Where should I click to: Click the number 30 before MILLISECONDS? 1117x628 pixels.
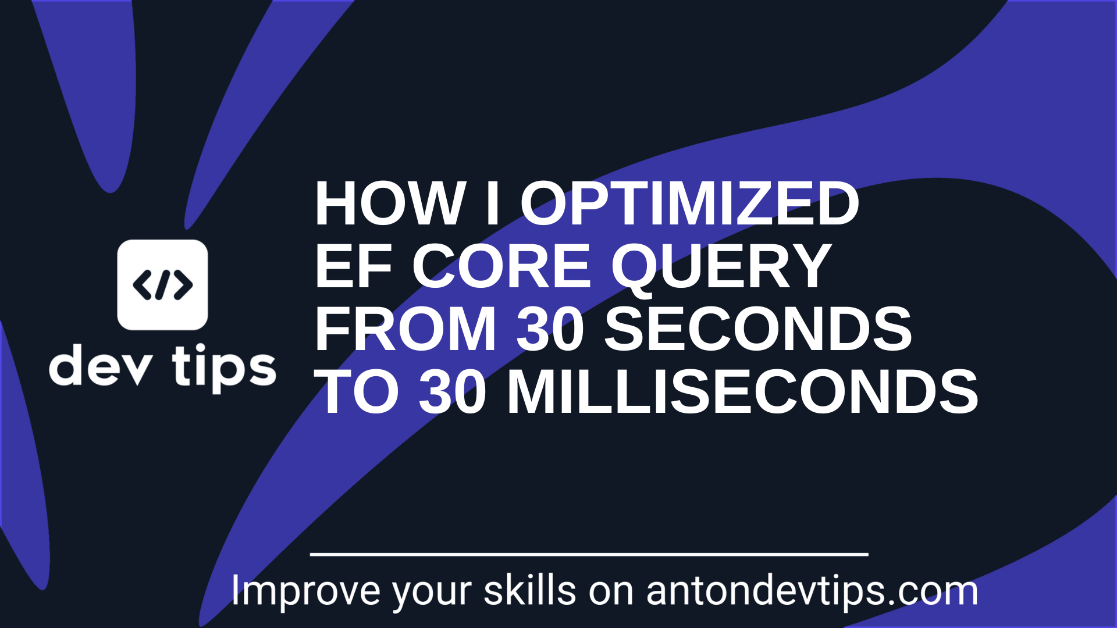coord(453,392)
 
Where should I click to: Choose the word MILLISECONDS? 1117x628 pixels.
coord(743,392)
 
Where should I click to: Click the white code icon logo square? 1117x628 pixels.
coord(162,285)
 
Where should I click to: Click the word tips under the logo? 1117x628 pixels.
coord(224,367)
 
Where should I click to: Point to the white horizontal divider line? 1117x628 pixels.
coord(589,554)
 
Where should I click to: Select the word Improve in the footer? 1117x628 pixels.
coord(305,591)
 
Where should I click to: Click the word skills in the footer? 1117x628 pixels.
coord(529,591)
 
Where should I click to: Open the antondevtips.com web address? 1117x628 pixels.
coord(812,591)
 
